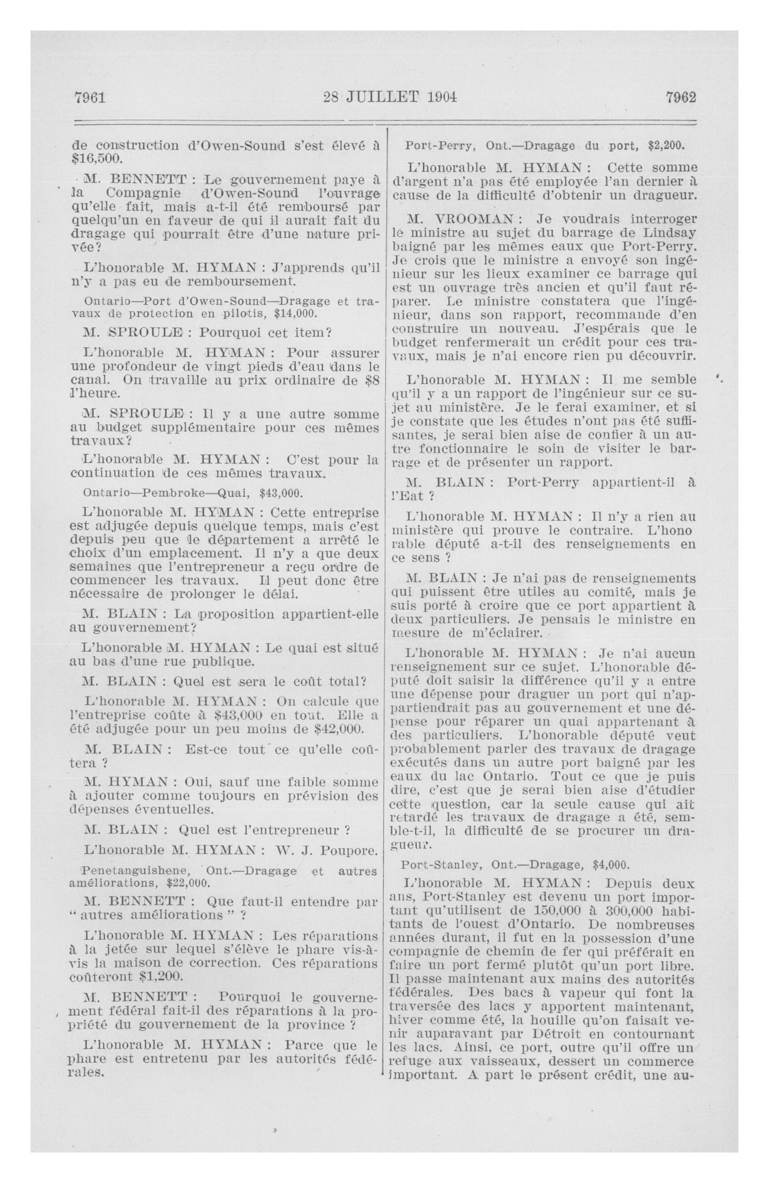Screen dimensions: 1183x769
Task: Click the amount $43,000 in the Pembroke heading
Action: (281, 493)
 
